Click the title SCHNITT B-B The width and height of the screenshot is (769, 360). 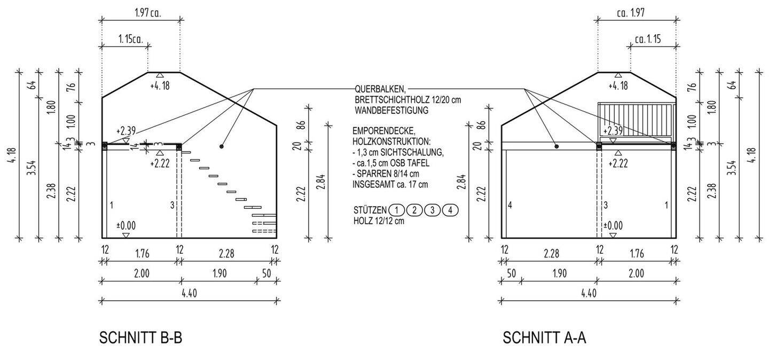coord(141,338)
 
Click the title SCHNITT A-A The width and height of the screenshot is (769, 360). coord(544,338)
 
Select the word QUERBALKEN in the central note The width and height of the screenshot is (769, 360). coord(380,89)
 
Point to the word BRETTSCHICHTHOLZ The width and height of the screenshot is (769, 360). coord(393,100)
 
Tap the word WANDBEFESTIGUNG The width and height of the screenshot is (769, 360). coord(392,110)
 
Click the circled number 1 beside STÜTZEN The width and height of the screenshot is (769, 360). coord(396,210)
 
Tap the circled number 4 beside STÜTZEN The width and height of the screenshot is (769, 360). coord(450,210)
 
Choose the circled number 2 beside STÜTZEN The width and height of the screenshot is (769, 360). coord(414,210)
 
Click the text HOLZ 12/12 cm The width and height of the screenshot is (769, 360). coord(379,221)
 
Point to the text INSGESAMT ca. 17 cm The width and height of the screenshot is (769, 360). coord(390,184)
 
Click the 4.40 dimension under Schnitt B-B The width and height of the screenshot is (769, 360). coord(190,293)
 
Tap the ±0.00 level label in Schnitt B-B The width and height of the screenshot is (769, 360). coord(126,225)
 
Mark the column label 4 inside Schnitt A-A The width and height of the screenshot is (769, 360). coord(510,205)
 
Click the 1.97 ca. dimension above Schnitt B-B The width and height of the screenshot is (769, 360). coord(147,13)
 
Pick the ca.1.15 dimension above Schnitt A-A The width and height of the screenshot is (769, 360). coord(648,39)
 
